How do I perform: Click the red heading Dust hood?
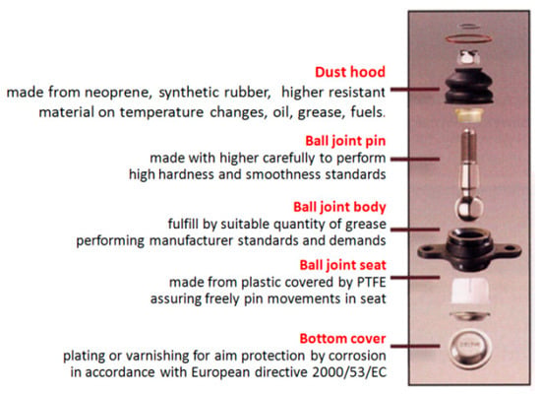(350, 72)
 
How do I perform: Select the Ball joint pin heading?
(345, 141)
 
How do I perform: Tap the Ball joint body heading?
(339, 207)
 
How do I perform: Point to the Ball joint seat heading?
(342, 265)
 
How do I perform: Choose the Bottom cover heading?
(342, 339)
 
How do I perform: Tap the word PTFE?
(371, 283)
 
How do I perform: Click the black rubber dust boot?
(469, 87)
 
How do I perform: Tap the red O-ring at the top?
(468, 38)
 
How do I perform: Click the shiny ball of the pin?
(468, 209)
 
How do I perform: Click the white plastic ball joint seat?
(468, 290)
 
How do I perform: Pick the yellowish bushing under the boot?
(469, 115)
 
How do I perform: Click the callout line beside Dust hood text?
(415, 90)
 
